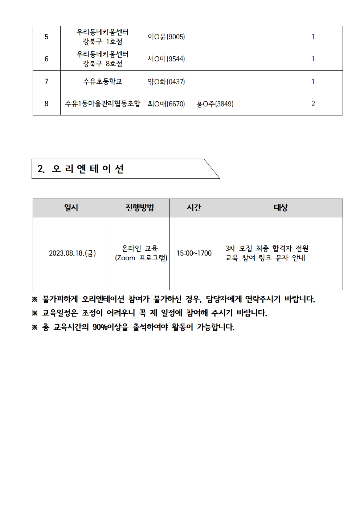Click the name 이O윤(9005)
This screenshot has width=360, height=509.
tap(166, 37)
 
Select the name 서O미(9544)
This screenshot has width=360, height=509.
tap(166, 59)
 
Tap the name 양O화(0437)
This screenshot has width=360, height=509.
tap(166, 82)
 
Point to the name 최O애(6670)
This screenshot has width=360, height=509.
tap(166, 104)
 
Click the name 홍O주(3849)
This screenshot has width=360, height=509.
tap(215, 104)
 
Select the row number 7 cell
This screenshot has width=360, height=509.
tap(46, 82)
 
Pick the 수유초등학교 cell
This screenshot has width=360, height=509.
tap(103, 82)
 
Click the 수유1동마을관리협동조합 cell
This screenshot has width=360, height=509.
tap(103, 104)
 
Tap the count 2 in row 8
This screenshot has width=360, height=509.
tap(313, 104)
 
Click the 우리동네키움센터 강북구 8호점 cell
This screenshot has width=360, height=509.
tap(103, 59)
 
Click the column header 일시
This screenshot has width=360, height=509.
tap(71, 208)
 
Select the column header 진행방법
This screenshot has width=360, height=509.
tap(140, 208)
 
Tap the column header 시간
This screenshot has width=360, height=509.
tap(194, 208)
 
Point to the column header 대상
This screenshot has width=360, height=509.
tap(281, 208)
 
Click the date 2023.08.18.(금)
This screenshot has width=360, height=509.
tap(72, 253)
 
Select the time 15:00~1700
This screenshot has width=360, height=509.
tap(194, 253)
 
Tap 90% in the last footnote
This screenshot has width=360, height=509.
tap(100, 327)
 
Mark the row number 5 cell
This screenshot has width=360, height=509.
tap(46, 37)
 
